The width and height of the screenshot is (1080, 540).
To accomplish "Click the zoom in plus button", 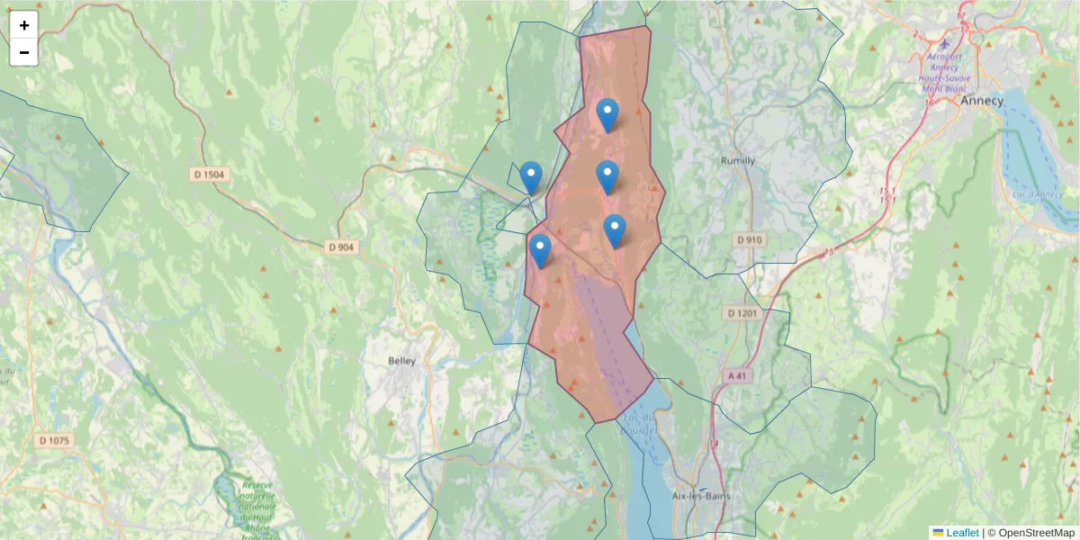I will click(x=24, y=25).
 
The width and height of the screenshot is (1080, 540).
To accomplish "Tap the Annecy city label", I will click(x=981, y=101).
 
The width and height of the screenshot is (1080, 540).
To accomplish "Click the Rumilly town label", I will click(x=738, y=160).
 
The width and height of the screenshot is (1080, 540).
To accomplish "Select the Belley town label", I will click(x=401, y=361).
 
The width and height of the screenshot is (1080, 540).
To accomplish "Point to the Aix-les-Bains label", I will click(x=701, y=496).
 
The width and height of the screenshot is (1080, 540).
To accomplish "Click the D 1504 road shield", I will click(x=210, y=174).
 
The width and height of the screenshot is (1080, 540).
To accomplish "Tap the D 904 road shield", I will click(x=341, y=247).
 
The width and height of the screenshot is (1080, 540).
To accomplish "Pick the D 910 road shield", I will click(x=749, y=239).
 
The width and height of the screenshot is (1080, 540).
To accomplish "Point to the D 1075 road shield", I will click(x=55, y=440).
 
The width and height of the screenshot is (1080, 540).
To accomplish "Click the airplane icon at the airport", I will click(x=943, y=43).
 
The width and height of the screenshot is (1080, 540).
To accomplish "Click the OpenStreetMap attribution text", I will click(x=1036, y=533).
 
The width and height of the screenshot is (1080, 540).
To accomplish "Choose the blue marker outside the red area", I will click(x=531, y=176).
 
